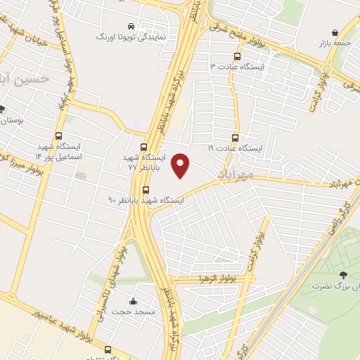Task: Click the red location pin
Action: pos(181,165)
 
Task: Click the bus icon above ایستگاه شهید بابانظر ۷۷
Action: pos(143,148)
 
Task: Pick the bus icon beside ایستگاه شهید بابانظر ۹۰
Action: pos(146,190)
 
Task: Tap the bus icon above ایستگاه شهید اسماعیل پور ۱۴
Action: pos(58,137)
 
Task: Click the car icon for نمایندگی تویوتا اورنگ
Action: pos(131,23)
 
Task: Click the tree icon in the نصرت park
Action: pos(342,275)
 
